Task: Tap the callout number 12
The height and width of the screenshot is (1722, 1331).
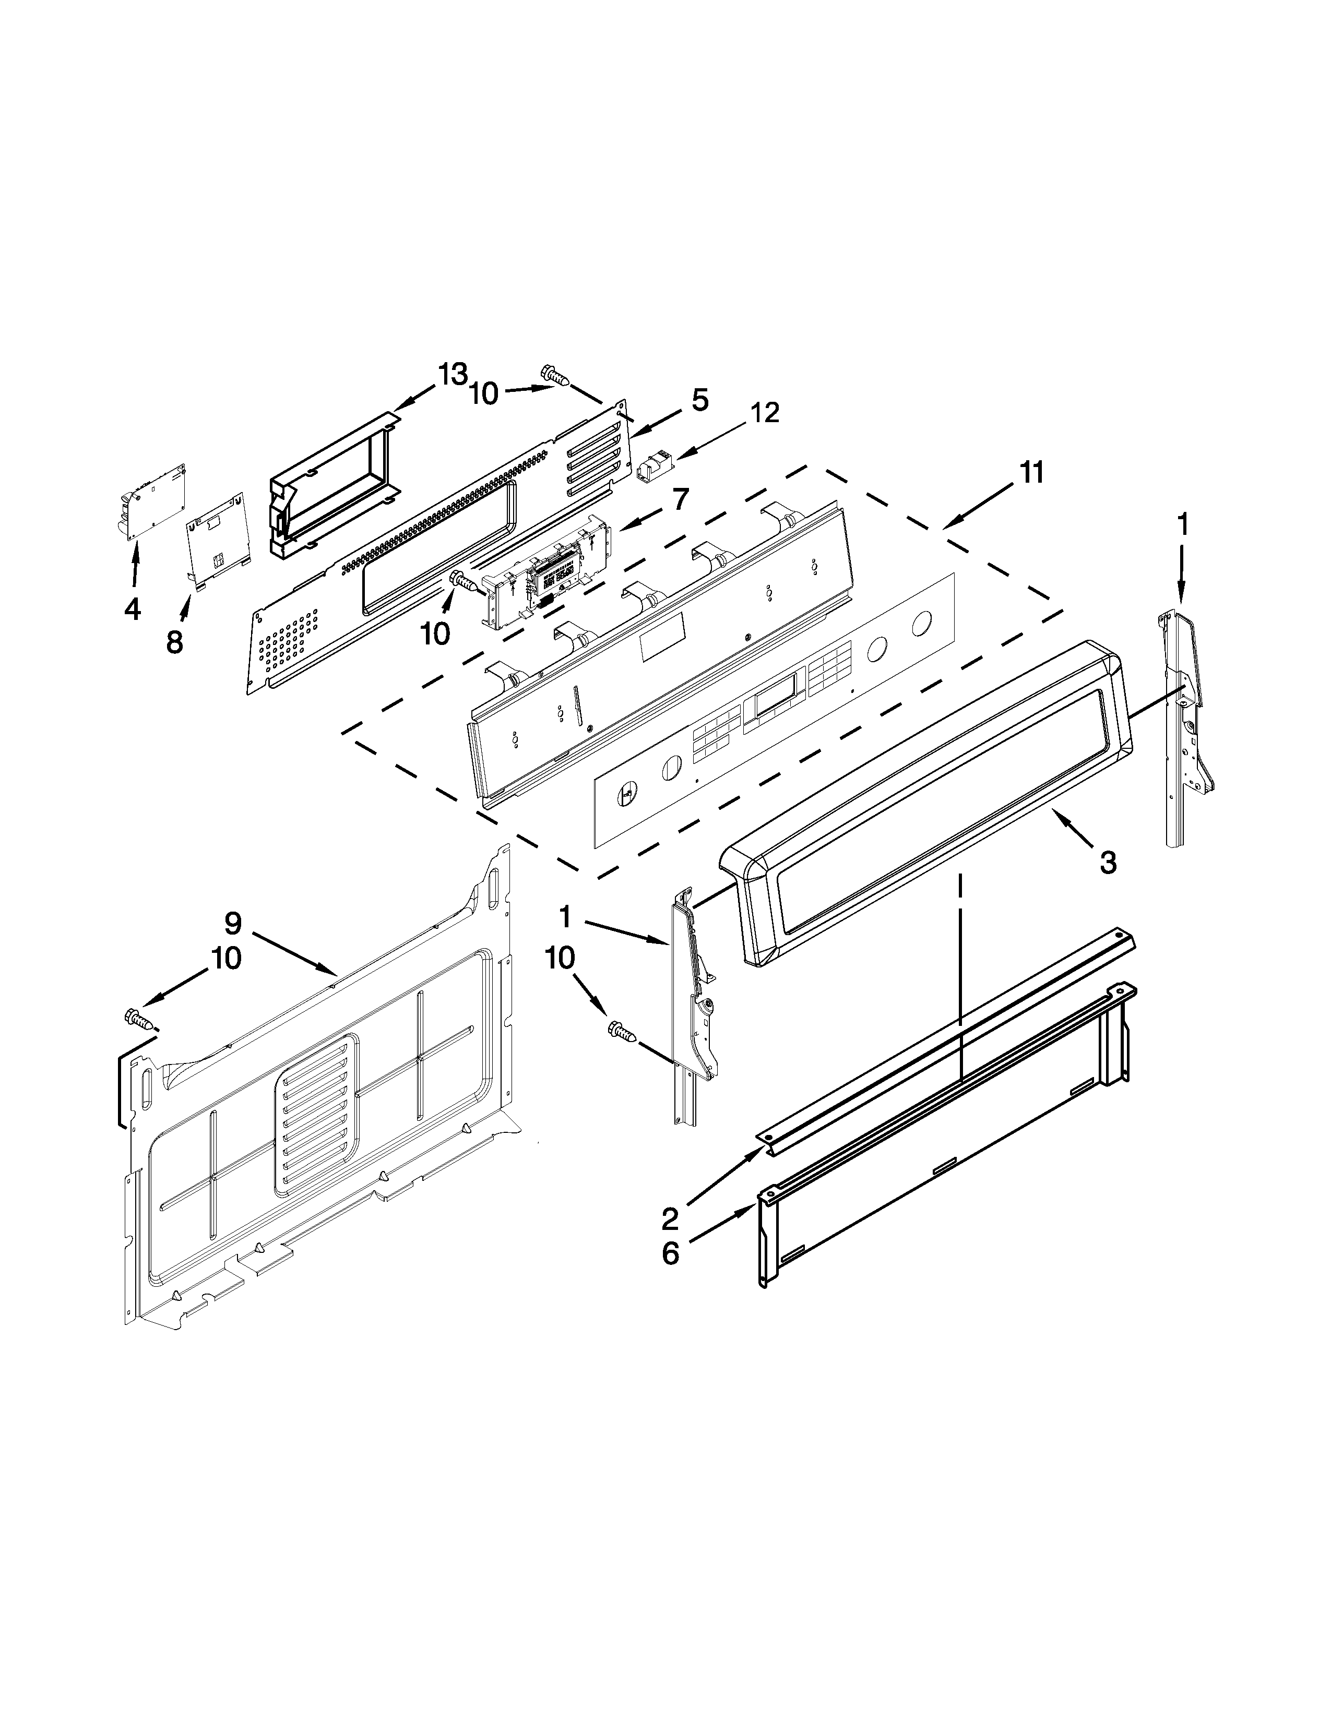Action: point(764,412)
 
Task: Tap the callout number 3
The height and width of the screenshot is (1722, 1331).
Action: point(1108,864)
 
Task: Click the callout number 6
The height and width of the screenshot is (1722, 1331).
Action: point(670,1253)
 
